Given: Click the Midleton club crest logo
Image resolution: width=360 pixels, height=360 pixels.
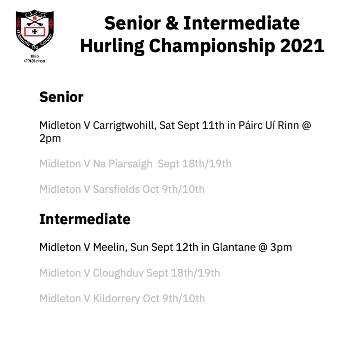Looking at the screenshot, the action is coord(35,36).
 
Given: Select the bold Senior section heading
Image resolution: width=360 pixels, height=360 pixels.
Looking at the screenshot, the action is coord(61,97).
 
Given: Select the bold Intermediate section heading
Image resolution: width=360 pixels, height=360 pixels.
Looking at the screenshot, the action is coord(85,219).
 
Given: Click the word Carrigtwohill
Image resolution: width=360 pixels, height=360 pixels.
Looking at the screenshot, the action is coord(125,126).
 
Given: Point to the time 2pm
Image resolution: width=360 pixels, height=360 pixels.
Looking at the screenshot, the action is coord(50,139).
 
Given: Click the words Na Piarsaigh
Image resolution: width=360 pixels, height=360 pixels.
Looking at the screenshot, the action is coord(123,164).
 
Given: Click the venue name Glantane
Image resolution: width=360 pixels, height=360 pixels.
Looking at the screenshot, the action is coord(234,247).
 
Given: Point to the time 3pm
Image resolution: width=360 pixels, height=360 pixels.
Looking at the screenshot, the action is coord(281,248).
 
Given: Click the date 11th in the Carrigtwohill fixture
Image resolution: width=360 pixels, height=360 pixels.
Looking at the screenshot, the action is coord(213,125).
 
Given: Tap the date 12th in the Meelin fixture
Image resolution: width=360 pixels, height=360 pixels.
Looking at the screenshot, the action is coord(187,247).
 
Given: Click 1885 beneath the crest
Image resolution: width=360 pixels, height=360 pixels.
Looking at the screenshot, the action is coord(35,56).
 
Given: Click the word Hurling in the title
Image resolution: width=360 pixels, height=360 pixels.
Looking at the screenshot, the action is coord(112,46).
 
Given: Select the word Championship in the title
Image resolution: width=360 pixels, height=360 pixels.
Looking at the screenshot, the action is coord(212,46).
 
